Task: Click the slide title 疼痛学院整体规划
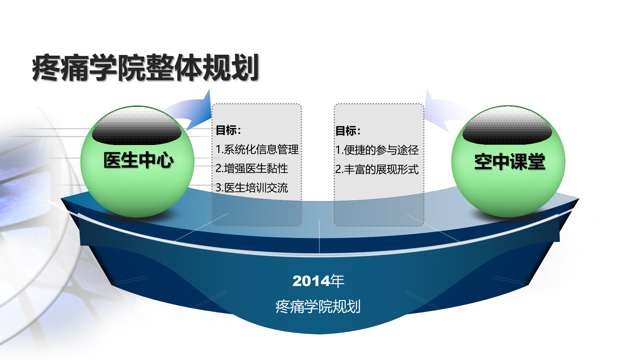click(145, 68)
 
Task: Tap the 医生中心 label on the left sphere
click(138, 160)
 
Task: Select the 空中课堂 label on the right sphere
click(510, 162)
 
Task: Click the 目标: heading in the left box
click(228, 130)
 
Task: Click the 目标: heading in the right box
click(348, 131)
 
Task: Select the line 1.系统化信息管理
click(257, 149)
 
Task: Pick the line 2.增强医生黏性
click(252, 168)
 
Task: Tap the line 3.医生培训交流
click(252, 188)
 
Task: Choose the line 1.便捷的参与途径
click(377, 150)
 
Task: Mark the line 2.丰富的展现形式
click(377, 169)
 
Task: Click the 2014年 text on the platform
click(318, 281)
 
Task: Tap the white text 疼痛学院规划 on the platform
click(318, 306)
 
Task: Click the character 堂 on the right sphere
click(536, 162)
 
